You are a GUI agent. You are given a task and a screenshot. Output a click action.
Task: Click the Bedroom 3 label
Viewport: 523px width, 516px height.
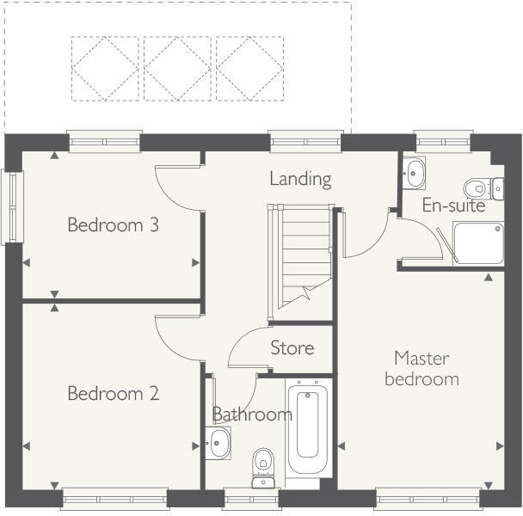click(113, 225)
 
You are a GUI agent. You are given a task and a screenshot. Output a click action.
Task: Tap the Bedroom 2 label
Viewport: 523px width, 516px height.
click(113, 394)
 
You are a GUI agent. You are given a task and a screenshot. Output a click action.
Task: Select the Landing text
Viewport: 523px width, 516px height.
click(300, 179)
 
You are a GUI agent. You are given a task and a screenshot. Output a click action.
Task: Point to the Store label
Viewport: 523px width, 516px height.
click(292, 348)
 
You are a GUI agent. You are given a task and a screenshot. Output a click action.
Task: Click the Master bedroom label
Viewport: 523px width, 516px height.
click(421, 367)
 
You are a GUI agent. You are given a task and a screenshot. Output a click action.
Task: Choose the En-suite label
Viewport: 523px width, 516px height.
click(453, 206)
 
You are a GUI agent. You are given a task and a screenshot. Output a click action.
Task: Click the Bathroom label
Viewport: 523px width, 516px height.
click(252, 415)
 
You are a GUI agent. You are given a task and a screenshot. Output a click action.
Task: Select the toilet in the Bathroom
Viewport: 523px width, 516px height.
click(262, 465)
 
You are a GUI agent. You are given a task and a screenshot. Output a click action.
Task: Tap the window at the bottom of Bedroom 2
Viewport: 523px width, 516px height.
click(114, 497)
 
